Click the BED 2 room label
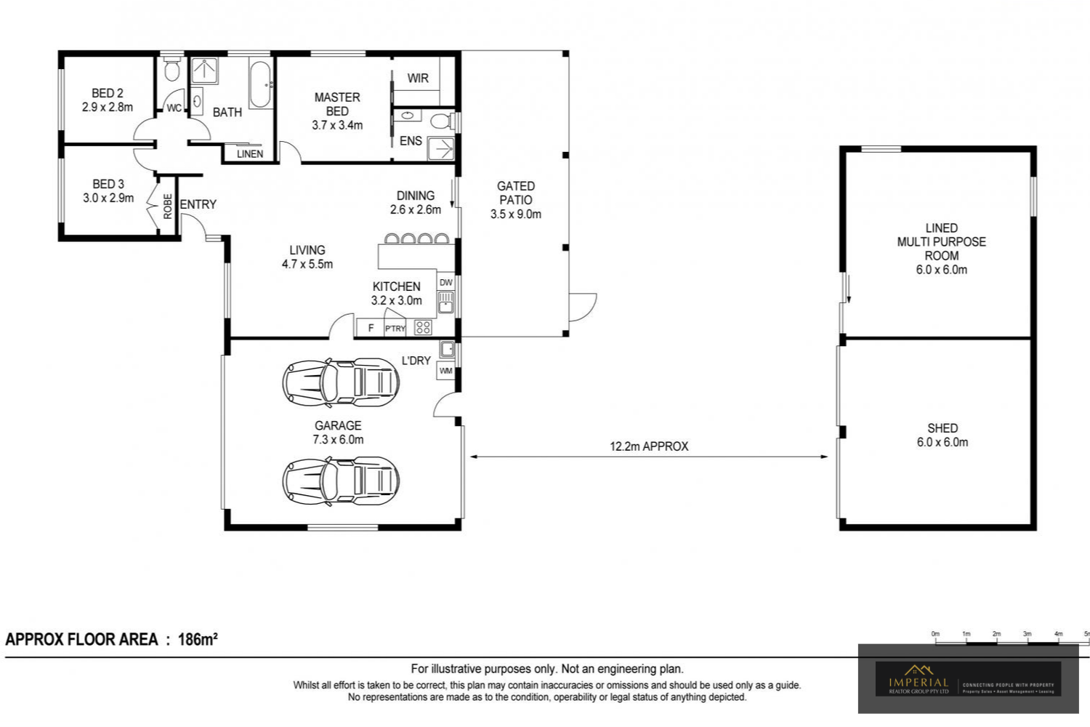tap(107, 93)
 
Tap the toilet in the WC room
tap(171, 71)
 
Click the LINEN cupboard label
tap(249, 154)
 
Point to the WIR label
tap(417, 79)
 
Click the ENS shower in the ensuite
tap(440, 148)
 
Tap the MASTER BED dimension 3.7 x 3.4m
tap(337, 125)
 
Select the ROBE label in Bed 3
tap(168, 206)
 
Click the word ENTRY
tap(198, 204)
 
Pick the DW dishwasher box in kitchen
tap(445, 282)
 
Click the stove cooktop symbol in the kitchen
tap(423, 328)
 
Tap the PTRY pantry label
tap(395, 329)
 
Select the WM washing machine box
tap(445, 371)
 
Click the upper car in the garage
tap(340, 382)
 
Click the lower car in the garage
tap(340, 481)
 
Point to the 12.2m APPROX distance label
tap(648, 446)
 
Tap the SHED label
tap(942, 428)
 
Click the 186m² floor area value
tap(198, 640)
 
